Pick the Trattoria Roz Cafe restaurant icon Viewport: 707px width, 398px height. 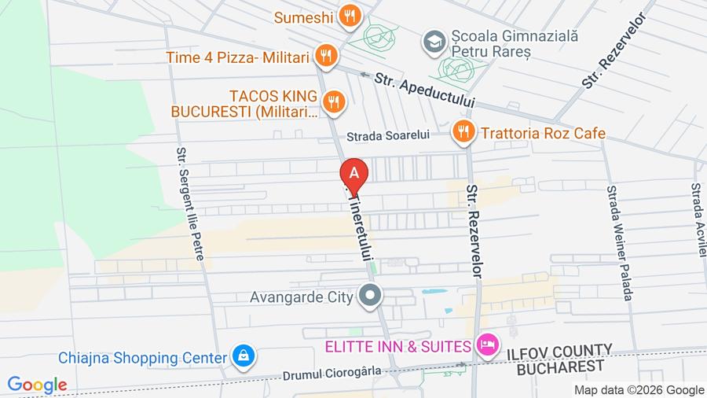pos(463,132)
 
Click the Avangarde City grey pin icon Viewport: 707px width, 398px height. pos(371,297)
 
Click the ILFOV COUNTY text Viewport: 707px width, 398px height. pos(558,350)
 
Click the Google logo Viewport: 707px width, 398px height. pos(37,385)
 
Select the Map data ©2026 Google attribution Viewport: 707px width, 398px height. pos(639,390)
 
